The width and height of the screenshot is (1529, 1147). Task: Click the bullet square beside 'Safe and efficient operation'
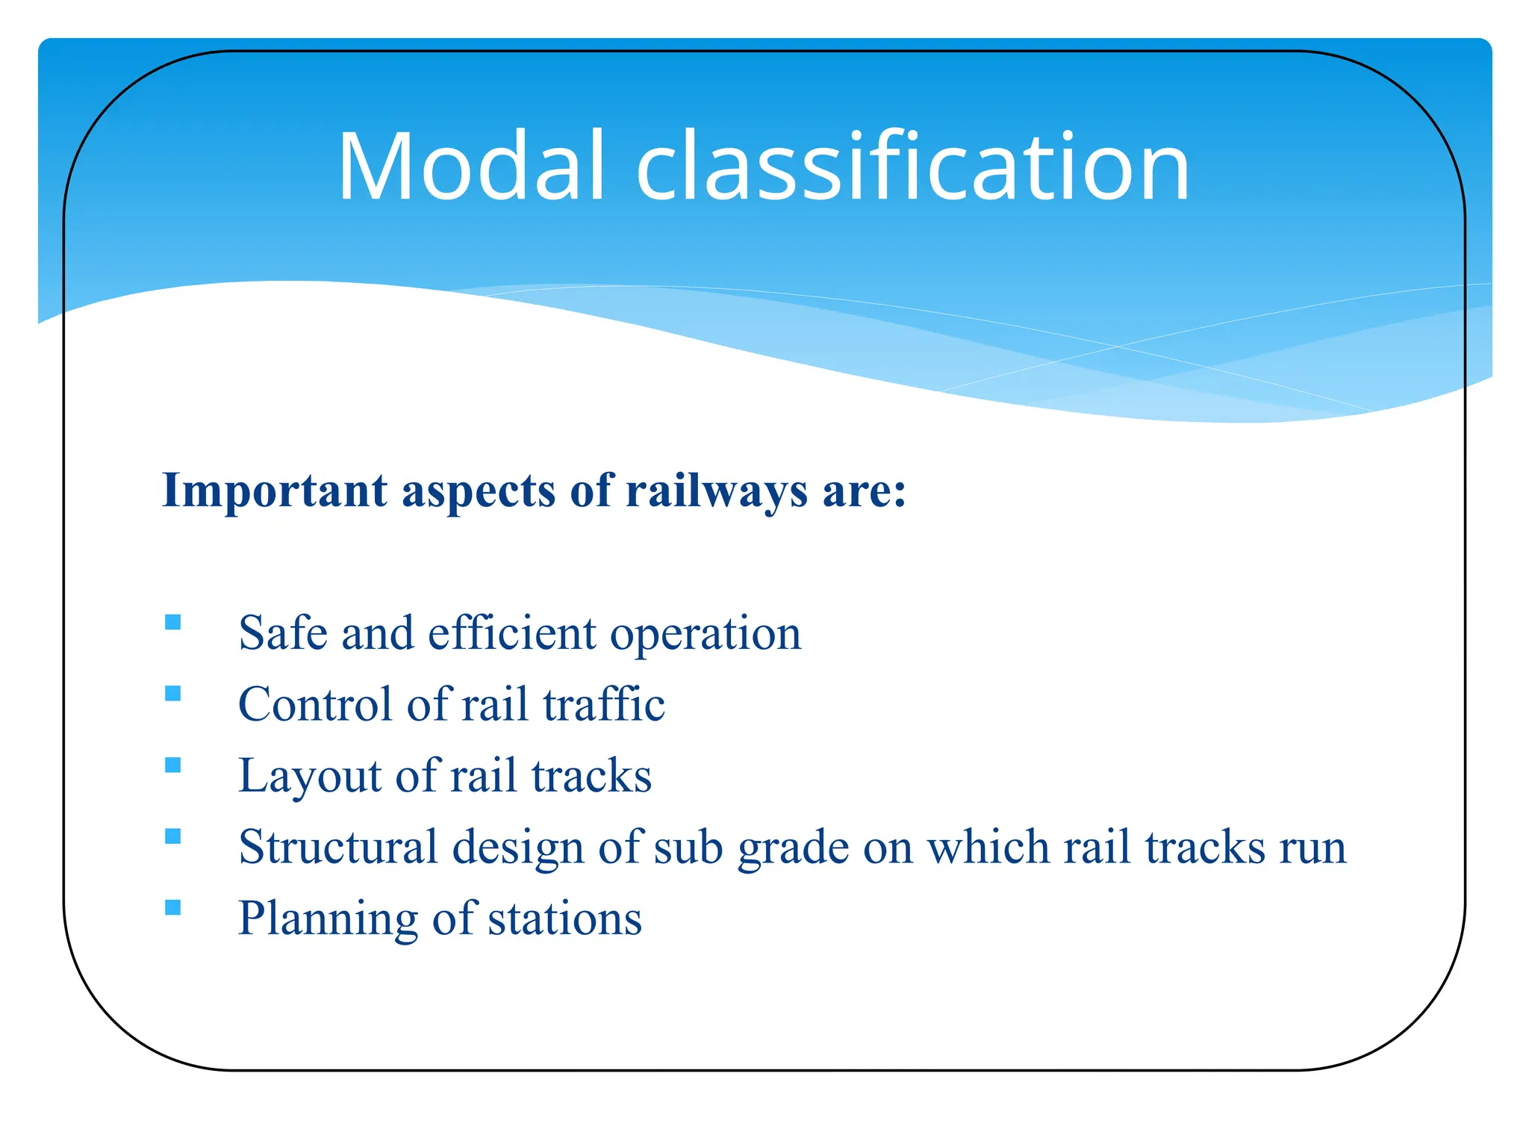click(x=173, y=622)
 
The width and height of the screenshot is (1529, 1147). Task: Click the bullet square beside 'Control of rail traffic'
click(x=173, y=694)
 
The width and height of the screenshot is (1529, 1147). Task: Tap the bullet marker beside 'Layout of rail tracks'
click(x=173, y=765)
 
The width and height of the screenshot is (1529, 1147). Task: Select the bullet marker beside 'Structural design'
click(x=173, y=836)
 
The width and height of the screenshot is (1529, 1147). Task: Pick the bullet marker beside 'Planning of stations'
click(x=173, y=907)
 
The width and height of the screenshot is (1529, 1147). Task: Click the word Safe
click(x=283, y=633)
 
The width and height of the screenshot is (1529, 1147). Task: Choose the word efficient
click(x=511, y=633)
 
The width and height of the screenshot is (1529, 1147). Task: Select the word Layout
click(x=310, y=777)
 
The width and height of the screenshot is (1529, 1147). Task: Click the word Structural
click(x=337, y=848)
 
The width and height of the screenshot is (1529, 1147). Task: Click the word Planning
click(x=327, y=919)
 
